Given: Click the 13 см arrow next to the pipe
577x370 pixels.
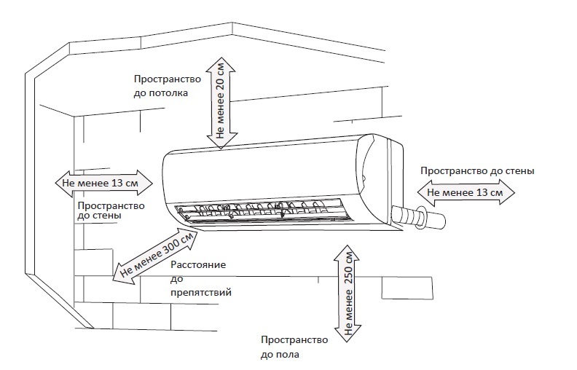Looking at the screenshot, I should click(x=465, y=192).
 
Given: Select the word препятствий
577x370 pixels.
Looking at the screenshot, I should click(x=200, y=292).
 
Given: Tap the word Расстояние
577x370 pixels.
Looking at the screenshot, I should click(x=198, y=265).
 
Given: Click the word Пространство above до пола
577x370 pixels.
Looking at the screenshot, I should click(x=294, y=340).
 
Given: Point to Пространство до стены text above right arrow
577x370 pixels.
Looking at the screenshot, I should click(x=477, y=170).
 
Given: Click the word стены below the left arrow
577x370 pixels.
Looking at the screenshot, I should click(x=107, y=216).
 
